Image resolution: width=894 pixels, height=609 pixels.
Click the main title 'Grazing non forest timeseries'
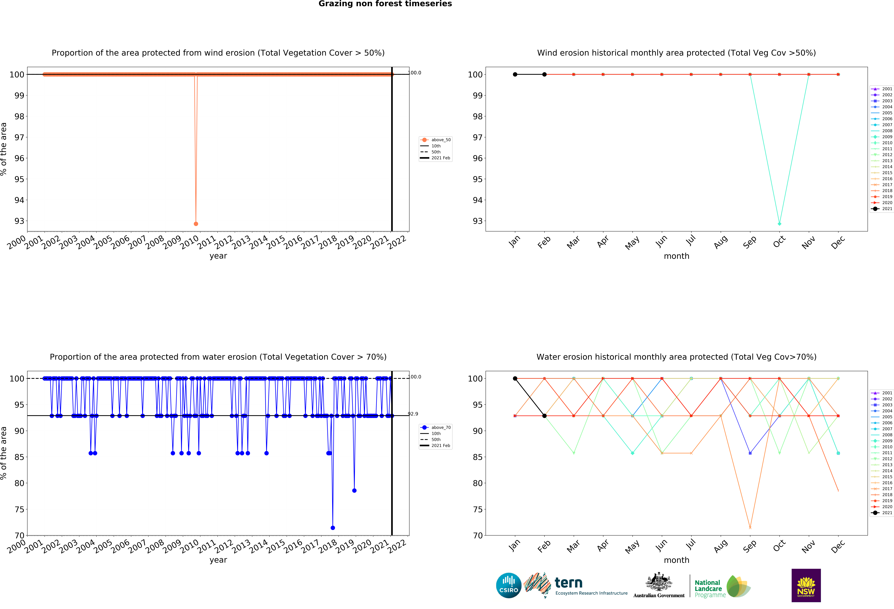385,4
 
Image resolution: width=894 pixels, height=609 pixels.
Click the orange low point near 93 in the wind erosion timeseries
196,224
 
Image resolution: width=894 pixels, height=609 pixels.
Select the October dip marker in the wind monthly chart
779,224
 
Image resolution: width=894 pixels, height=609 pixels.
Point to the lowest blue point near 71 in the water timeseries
333,528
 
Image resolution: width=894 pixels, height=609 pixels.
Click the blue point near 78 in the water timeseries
354,491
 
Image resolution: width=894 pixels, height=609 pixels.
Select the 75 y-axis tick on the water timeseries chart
19,509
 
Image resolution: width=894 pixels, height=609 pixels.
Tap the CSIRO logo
509,586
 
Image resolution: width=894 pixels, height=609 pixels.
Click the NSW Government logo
806,585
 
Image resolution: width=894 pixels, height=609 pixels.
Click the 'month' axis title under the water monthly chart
676,560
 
